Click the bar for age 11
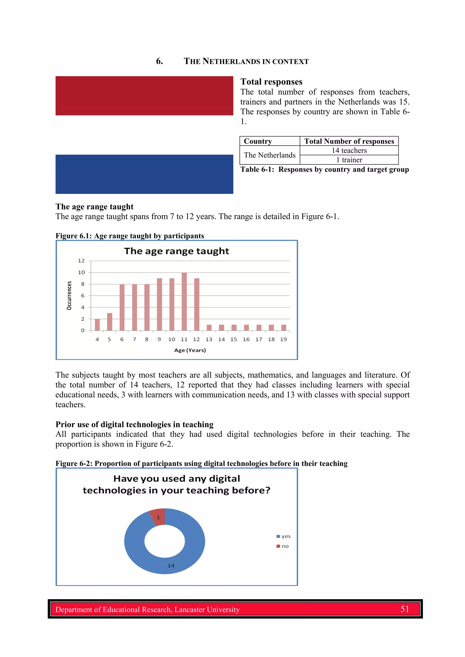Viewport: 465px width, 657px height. point(184,301)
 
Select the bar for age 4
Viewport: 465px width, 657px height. point(97,325)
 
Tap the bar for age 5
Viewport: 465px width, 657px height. point(109,322)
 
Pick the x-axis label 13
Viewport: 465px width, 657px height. point(209,339)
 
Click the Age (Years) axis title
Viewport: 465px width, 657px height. point(190,350)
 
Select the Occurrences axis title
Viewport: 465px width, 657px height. point(69,295)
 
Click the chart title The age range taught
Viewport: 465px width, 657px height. point(176,251)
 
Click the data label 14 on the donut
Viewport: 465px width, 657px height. point(171,566)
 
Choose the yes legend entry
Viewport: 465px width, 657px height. point(284,536)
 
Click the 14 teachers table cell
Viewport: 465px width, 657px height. point(349,151)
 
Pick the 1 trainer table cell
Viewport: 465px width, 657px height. point(349,160)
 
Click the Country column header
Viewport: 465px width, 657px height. point(258,141)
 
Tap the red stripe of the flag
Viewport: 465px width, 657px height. point(144,95)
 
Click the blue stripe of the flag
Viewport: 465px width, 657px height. point(144,174)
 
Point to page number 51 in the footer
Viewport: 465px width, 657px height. point(405,609)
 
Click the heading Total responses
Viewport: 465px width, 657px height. point(271,82)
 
